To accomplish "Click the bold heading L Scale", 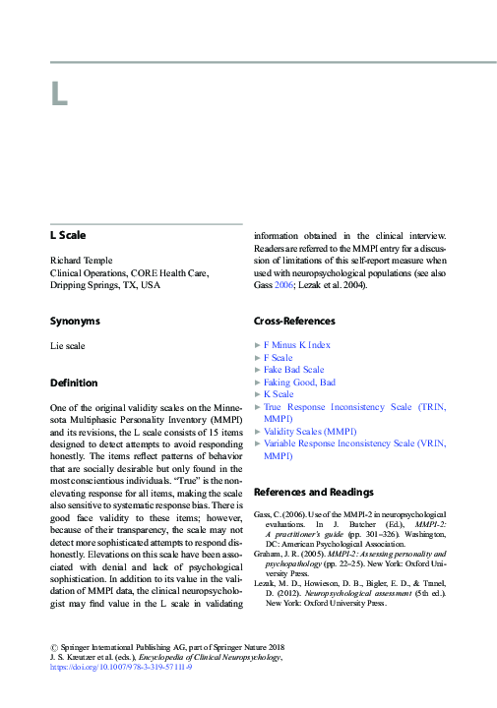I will [x=69, y=236].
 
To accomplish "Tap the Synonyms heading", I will [x=74, y=321].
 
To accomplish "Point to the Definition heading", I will [x=74, y=382].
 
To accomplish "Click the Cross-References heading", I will [x=294, y=321].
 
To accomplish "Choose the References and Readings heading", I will [x=313, y=491].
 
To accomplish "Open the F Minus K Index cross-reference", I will [x=297, y=345].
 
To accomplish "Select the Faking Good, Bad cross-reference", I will [x=300, y=382].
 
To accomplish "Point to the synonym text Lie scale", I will [x=68, y=345].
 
